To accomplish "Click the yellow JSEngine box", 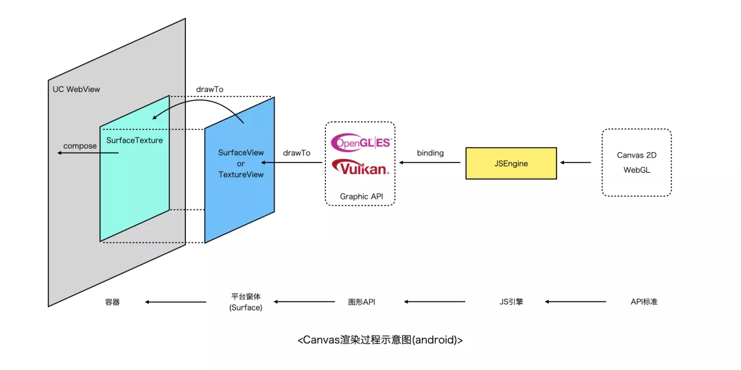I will click(x=510, y=163).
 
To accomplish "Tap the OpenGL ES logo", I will click(x=360, y=142).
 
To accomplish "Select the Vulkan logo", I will click(x=360, y=167).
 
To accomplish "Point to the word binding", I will click(x=430, y=153).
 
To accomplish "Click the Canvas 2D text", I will click(x=636, y=156).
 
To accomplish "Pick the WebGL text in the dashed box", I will click(x=636, y=170).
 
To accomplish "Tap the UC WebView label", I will click(x=76, y=90).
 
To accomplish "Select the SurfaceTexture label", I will click(x=134, y=140).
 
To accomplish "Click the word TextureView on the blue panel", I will click(x=241, y=175).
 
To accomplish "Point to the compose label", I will click(x=80, y=146).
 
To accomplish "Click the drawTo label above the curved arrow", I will click(x=209, y=90).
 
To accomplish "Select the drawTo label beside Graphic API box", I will click(x=296, y=153).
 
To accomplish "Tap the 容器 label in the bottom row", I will click(x=113, y=301).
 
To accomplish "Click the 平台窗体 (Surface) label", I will click(x=246, y=302).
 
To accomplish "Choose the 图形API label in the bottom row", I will click(x=361, y=301).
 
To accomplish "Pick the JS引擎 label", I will click(x=511, y=301).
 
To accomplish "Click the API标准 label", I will click(x=644, y=301).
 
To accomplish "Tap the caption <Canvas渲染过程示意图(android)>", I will click(x=380, y=340).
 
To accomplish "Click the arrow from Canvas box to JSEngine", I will click(x=576, y=163).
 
